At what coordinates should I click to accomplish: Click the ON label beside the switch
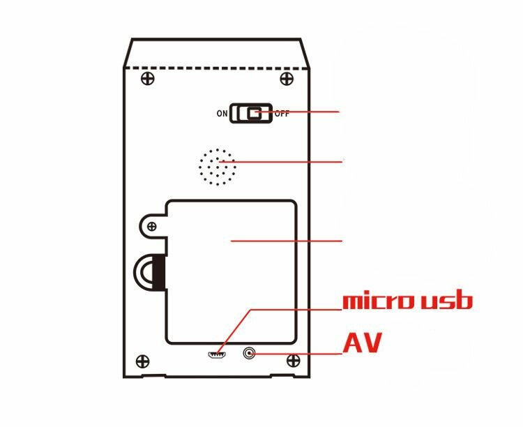(222, 114)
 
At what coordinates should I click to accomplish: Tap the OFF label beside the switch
(282, 114)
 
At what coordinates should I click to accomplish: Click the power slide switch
(252, 113)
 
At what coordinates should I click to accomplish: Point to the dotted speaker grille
(217, 167)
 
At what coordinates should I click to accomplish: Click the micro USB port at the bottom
(217, 354)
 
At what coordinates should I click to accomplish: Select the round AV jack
(248, 354)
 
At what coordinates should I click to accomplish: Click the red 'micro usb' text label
(407, 301)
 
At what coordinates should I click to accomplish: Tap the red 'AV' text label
(362, 344)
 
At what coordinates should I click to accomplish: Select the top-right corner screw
(286, 78)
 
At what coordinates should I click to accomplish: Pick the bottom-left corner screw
(143, 361)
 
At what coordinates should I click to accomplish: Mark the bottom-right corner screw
(294, 361)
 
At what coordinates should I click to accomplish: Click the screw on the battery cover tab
(151, 224)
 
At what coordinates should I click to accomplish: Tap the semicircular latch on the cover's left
(149, 271)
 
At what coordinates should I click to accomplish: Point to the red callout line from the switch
(307, 112)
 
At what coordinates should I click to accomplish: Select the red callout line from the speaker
(293, 162)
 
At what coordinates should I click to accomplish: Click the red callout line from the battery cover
(293, 241)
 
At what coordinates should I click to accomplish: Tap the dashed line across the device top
(216, 68)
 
